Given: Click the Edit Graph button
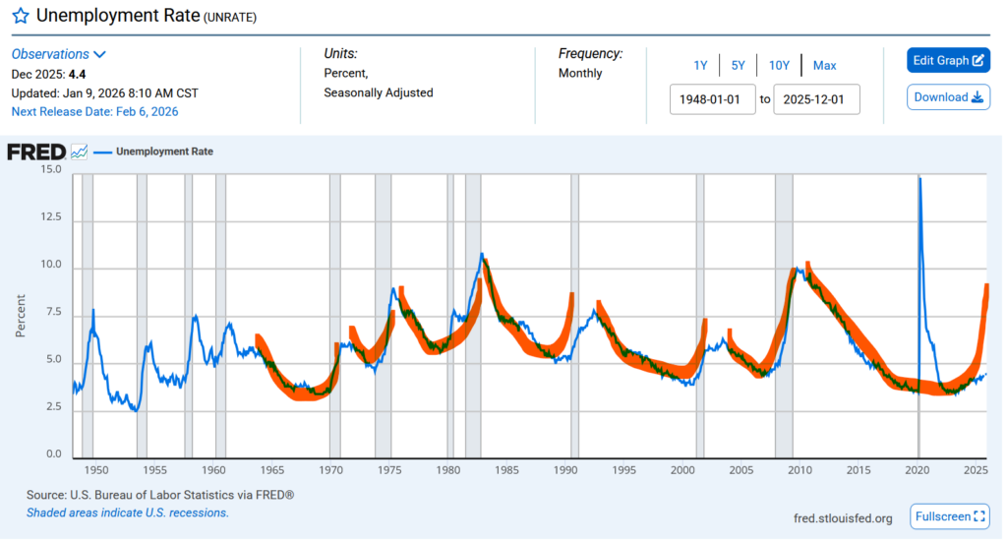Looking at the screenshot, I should (948, 60).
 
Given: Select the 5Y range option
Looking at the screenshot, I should (738, 65).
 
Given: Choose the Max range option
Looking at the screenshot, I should (824, 65).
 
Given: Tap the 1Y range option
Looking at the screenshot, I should (700, 65).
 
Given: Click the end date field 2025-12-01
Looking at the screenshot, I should (816, 99).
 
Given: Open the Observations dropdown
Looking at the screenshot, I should (59, 54).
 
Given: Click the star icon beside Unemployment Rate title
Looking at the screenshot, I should (20, 17).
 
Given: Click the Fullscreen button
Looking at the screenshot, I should (950, 516).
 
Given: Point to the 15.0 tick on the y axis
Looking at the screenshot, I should (49, 170).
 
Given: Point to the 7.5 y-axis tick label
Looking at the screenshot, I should (52, 313).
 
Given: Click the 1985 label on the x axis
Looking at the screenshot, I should (507, 471).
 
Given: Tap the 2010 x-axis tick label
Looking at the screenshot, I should (800, 471).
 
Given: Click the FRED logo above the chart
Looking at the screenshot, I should (36, 151).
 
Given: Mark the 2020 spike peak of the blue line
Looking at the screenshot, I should (919, 178).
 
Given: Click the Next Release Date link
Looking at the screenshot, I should (94, 111).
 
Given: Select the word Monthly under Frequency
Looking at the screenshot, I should (580, 73).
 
